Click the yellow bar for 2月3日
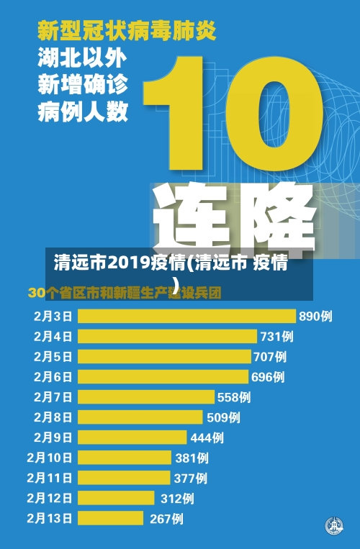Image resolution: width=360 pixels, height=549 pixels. [186, 316]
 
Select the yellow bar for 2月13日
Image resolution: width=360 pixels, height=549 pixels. [112, 518]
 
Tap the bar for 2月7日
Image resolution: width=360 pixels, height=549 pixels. [146, 396]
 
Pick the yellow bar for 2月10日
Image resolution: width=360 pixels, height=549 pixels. [125, 458]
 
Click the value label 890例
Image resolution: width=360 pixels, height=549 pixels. [315, 316]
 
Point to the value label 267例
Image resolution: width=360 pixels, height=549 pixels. [166, 518]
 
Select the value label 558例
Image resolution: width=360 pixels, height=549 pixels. [234, 396]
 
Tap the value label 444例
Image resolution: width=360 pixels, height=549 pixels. [207, 437]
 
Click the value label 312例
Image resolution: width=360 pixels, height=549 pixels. [176, 498]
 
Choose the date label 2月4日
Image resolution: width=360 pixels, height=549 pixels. [53, 336]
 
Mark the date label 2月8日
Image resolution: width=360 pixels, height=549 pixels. [53, 417]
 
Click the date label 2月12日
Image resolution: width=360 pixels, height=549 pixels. [50, 498]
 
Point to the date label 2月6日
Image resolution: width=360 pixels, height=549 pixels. [53, 376]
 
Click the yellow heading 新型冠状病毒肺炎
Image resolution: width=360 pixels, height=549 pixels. [127, 31]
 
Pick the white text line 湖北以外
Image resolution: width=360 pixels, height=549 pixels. [82, 58]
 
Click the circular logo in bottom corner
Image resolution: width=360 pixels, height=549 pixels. [333, 526]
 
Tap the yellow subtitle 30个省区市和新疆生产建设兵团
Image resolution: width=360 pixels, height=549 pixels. [124, 294]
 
